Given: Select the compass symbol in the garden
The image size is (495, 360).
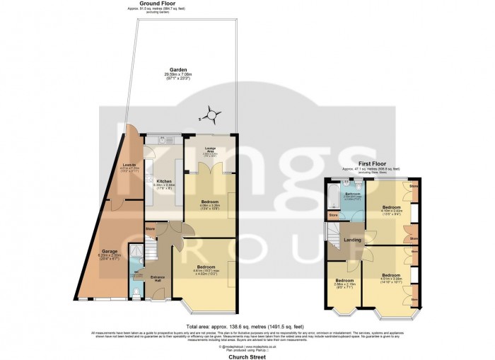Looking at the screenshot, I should [210, 112].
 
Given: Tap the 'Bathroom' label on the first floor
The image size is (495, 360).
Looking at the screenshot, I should [352, 193].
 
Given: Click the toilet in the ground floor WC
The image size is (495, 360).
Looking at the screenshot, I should [136, 292].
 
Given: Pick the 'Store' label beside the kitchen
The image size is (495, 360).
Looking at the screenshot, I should [150, 228].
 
